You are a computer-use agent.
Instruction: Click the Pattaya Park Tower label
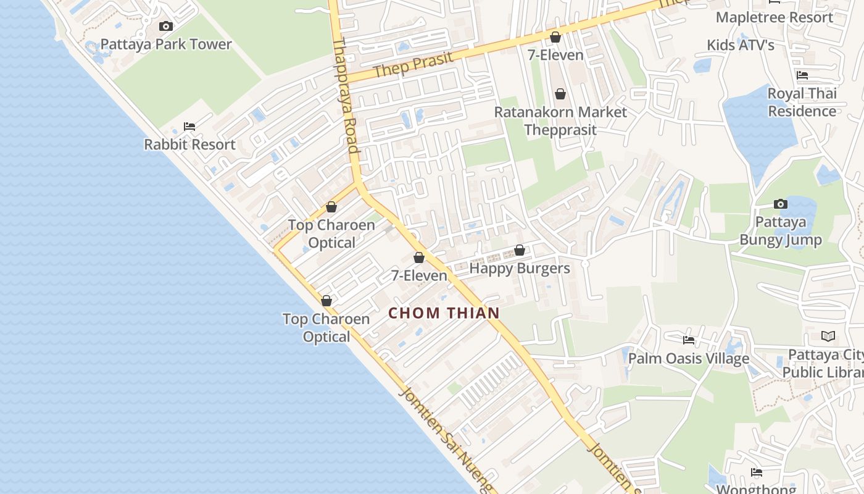click(x=166, y=44)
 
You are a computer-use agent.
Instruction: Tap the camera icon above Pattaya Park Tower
click(x=166, y=26)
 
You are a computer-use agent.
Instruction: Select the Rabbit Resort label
click(x=189, y=144)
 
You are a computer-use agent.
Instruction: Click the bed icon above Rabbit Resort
click(x=189, y=127)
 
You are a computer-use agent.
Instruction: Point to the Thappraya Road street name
click(x=346, y=96)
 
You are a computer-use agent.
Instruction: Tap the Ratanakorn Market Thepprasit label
click(x=560, y=121)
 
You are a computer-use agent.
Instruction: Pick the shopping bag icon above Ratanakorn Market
click(x=560, y=94)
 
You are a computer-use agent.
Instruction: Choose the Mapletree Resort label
click(x=775, y=17)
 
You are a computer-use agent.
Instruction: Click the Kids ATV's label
click(x=741, y=45)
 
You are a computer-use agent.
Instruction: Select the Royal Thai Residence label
click(x=802, y=103)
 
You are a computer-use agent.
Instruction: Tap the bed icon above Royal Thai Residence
click(x=802, y=75)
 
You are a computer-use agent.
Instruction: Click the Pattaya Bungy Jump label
click(x=781, y=231)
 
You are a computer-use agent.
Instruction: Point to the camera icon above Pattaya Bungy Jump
click(x=781, y=204)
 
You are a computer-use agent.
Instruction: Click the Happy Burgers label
click(x=520, y=269)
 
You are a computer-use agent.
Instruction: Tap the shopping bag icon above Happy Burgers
click(x=520, y=250)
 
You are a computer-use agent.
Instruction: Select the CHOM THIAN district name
click(x=444, y=313)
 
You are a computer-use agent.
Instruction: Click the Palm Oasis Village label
click(x=689, y=358)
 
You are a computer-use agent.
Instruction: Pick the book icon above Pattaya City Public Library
click(x=828, y=337)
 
